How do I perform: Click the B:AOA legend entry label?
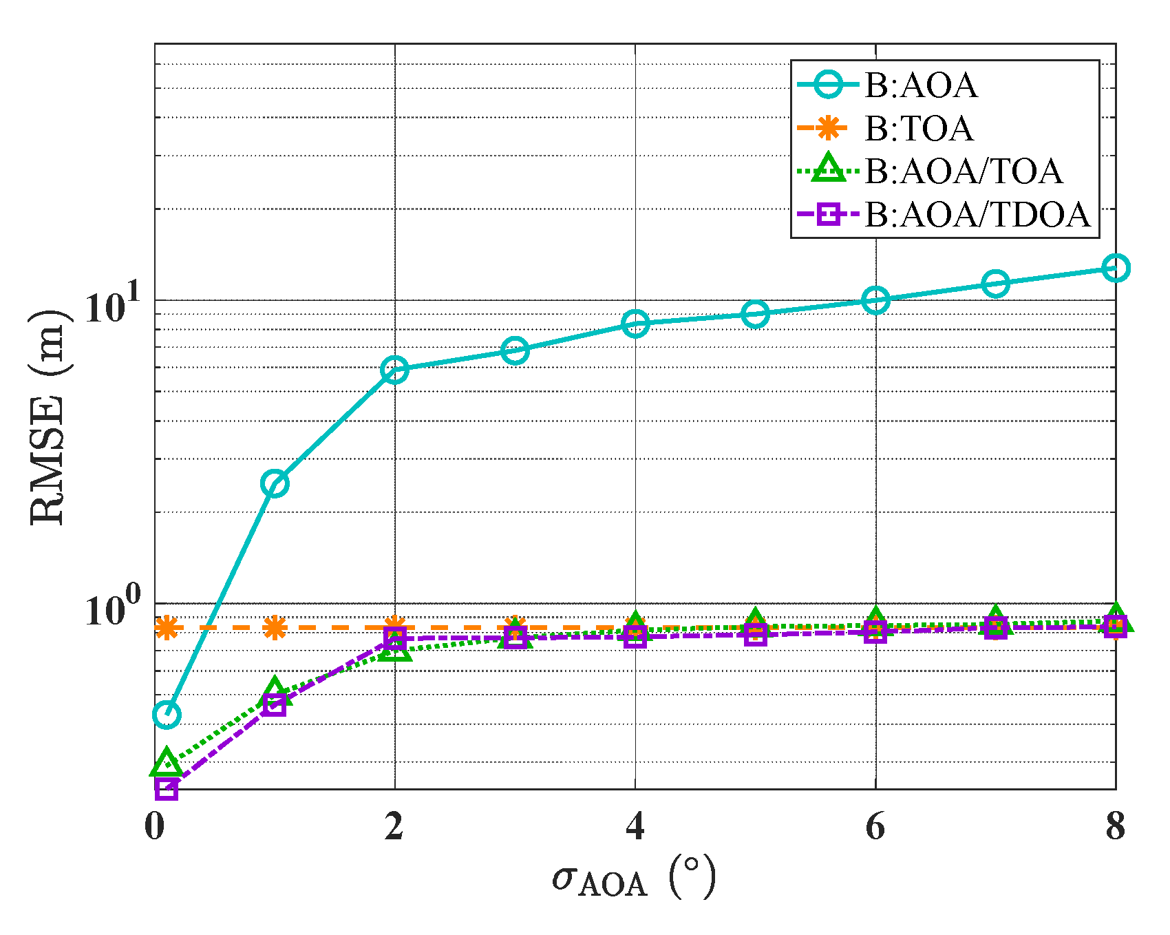click(x=921, y=86)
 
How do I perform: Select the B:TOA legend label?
click(x=919, y=129)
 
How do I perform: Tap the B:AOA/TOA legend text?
click(x=964, y=171)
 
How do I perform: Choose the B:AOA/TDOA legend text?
click(x=977, y=214)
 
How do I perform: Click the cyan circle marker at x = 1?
click(x=275, y=484)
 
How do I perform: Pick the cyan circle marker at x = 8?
click(x=1116, y=268)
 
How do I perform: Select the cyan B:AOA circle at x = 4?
click(x=635, y=323)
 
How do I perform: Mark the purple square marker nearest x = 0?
click(x=167, y=788)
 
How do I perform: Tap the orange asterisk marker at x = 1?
click(x=275, y=627)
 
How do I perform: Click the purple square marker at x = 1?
click(x=275, y=704)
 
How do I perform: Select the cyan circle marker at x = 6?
click(x=875, y=301)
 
